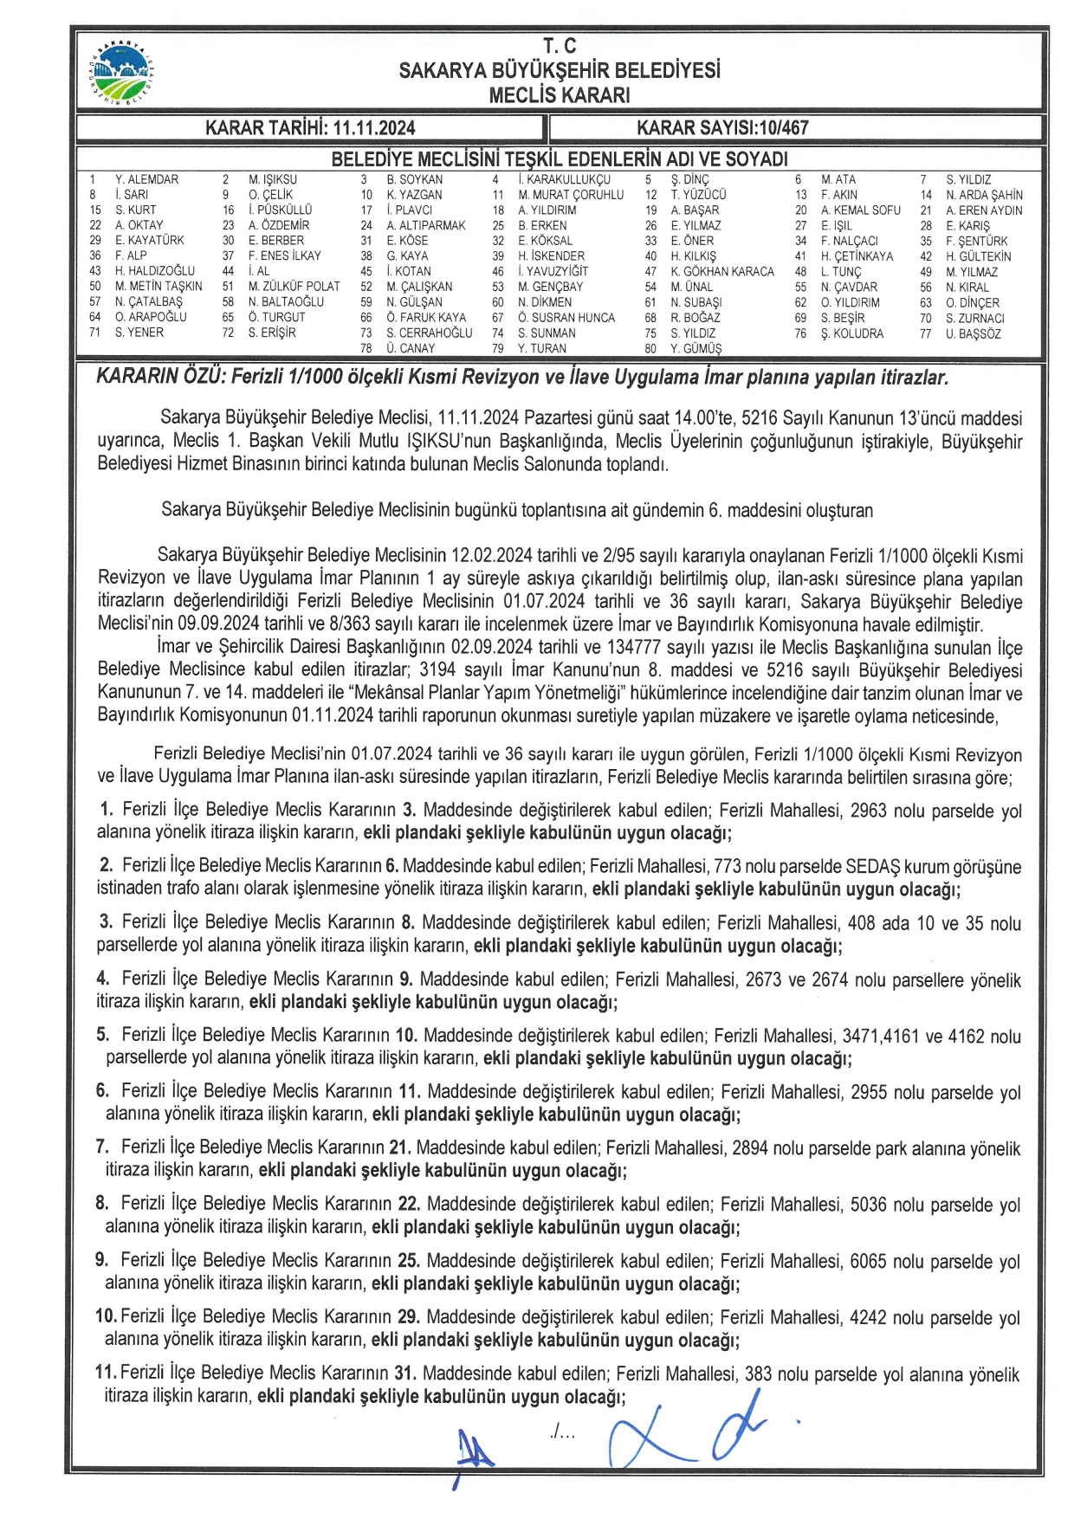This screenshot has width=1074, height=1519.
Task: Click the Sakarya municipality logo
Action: pos(120,72)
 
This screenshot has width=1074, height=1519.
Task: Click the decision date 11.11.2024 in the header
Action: pos(373,128)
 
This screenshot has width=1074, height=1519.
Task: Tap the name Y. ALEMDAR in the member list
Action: pos(146,179)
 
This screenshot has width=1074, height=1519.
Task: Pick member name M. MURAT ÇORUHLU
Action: pos(571,195)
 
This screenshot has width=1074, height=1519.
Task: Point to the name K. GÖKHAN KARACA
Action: pos(721,271)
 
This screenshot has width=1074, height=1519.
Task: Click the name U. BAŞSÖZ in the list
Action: pos(973,333)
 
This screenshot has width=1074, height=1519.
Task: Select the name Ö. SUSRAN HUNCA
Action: pos(566,318)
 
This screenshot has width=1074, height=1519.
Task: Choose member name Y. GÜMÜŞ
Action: pos(696,349)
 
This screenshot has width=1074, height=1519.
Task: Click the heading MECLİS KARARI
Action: pos(559,95)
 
